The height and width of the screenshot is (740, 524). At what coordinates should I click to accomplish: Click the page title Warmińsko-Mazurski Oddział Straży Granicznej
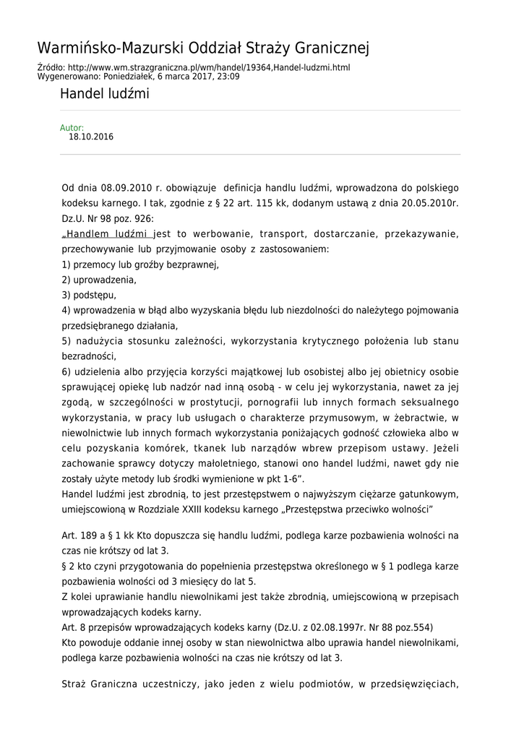click(x=203, y=48)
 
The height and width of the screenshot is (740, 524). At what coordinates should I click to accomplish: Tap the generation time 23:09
click(x=228, y=76)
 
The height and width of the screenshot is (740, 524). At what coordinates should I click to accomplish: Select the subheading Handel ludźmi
click(x=105, y=94)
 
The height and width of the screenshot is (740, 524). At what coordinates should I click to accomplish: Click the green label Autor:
click(x=72, y=128)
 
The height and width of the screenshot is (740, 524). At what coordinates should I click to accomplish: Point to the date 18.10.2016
click(x=91, y=137)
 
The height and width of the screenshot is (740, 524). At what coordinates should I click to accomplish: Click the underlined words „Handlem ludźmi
click(x=107, y=234)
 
